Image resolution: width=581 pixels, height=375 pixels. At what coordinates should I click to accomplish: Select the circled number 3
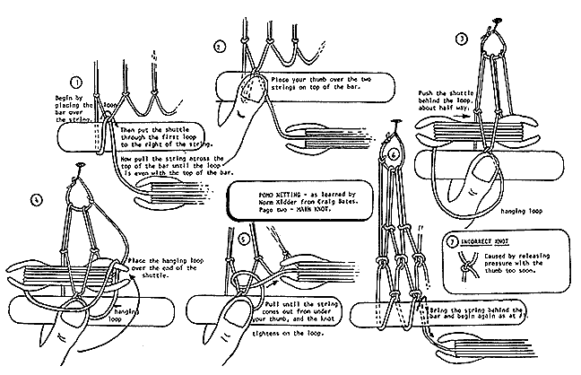[x=462, y=39]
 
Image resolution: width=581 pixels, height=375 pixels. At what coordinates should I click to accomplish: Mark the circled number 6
[x=395, y=153]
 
